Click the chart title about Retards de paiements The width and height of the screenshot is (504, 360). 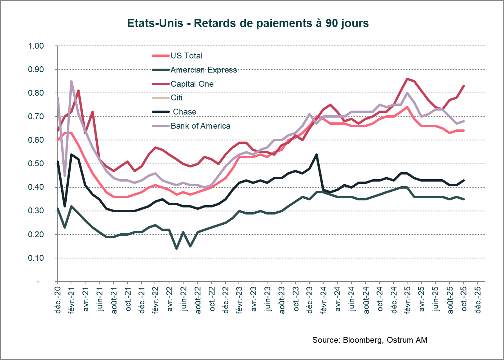click(248, 23)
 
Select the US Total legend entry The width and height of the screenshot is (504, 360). click(186, 56)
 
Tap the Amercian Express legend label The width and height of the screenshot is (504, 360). click(204, 70)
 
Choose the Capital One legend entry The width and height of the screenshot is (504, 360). click(192, 84)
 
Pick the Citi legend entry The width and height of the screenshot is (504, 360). click(176, 98)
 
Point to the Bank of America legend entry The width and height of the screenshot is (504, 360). click(200, 126)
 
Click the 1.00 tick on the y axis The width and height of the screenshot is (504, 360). click(36, 46)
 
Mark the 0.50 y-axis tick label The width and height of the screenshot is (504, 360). click(36, 164)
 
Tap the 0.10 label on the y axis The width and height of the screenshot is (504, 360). click(36, 258)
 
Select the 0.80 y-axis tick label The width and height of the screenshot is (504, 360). click(36, 93)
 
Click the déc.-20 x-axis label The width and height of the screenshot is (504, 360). click(57, 299)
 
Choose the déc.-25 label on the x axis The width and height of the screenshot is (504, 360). click(477, 299)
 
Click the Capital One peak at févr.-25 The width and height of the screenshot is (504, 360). click(408, 79)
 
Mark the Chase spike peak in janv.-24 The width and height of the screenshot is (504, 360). click(317, 155)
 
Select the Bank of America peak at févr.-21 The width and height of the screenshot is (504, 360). click(71, 81)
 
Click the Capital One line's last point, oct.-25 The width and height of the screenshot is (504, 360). click(464, 86)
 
